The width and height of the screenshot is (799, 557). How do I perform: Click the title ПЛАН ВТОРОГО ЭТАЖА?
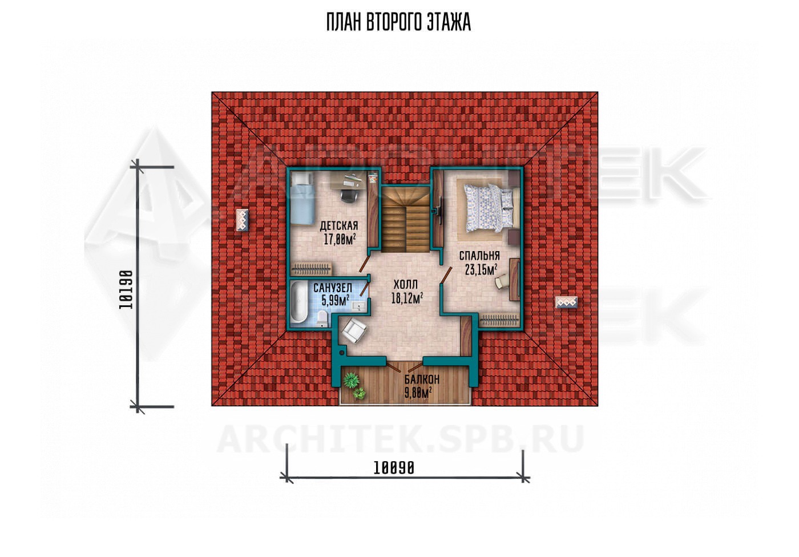coord(398,22)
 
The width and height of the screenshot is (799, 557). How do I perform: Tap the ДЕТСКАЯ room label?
coord(338,226)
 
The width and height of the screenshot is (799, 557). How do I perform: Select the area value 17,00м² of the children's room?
coord(340,239)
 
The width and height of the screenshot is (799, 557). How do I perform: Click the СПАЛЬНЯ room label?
coord(479,256)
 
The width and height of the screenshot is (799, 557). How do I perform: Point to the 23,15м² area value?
coord(481,269)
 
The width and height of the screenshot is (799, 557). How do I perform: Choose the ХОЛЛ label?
coord(405,284)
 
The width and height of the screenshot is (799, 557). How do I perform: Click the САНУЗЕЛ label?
coord(332,288)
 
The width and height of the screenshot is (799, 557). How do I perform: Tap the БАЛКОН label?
coord(422,379)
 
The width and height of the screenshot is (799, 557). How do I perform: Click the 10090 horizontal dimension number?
coord(394,468)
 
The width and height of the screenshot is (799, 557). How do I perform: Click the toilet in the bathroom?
coord(322,318)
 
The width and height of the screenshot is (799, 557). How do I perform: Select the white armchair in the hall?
coord(354,330)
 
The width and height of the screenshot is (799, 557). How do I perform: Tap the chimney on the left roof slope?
coord(243,220)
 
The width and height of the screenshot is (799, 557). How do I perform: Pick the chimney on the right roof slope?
coord(566,302)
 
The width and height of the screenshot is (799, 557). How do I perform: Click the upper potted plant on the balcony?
coord(352,380)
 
